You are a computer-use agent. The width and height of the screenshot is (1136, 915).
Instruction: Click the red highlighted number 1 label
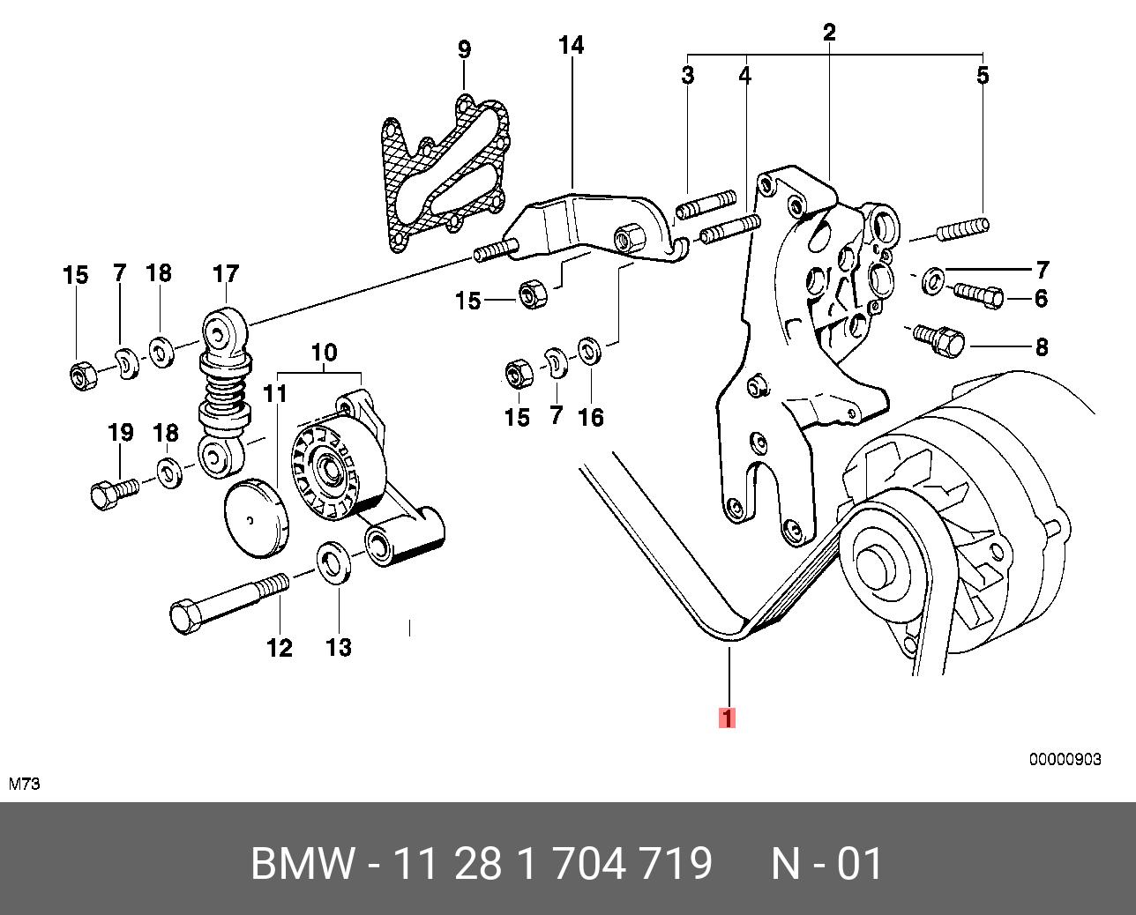coord(727,718)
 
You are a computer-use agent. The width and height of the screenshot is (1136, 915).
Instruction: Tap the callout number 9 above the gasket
coord(464,49)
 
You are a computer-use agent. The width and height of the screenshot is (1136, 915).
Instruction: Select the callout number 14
coord(572,45)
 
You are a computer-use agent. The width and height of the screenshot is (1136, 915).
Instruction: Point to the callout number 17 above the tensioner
coord(226,274)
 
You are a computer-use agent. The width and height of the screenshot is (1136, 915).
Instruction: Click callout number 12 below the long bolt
coord(279,648)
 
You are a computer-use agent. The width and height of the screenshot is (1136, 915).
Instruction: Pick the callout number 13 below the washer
coord(338,648)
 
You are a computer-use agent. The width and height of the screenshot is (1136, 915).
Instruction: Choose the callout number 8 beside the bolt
coord(1042,346)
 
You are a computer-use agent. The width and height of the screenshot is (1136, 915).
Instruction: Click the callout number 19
coord(120,433)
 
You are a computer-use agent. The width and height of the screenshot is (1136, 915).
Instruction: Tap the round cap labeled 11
coord(256,518)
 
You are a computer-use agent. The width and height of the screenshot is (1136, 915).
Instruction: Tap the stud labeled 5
coord(963,231)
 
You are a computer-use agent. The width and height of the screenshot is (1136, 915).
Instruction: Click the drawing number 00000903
coord(1065,759)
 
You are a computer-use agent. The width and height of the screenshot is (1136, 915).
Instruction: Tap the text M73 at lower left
coord(25,784)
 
